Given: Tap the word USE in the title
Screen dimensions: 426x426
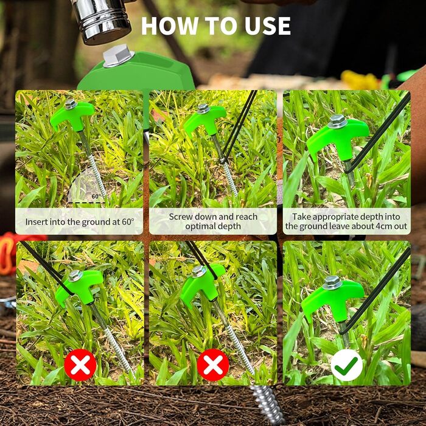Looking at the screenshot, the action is [268, 26].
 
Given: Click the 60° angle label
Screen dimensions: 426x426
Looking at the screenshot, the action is [96, 197].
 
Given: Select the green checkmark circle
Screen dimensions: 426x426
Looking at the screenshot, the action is [346, 365].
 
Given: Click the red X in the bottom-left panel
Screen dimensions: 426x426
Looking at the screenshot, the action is [80, 365].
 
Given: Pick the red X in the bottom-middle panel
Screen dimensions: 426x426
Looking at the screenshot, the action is [213, 365].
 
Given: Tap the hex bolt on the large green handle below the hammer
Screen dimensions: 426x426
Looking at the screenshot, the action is [119, 56].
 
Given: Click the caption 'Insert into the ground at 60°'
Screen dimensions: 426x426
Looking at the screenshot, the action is [80, 222].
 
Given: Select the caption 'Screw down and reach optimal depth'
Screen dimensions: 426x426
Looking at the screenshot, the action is [213, 222].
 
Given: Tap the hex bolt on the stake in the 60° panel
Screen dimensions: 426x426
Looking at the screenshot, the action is [71, 104].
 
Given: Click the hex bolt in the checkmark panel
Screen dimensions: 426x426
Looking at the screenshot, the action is [332, 282].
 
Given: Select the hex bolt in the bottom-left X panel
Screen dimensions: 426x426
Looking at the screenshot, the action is [75, 276].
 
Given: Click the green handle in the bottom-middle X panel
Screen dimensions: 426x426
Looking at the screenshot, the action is [203, 284].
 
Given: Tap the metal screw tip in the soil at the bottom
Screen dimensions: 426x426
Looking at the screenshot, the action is [268, 405].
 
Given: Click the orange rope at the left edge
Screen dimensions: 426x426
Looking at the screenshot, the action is [8, 253].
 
